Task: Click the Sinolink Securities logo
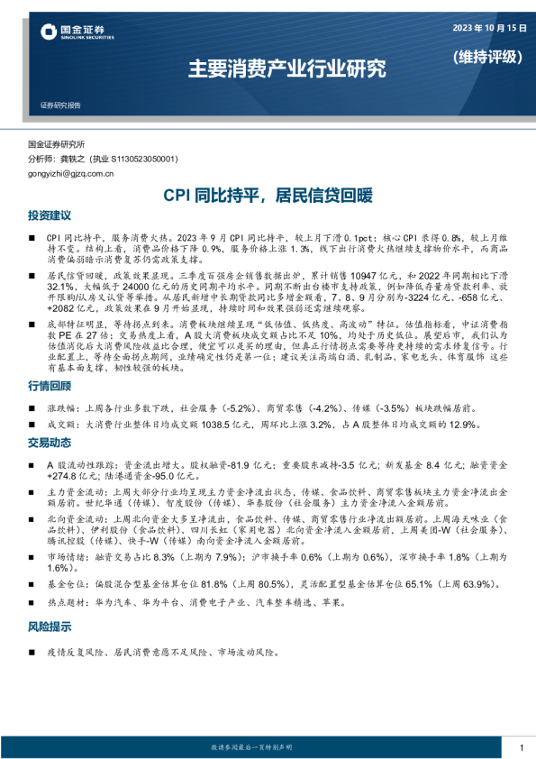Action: coord(77,33)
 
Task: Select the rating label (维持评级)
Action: coord(486,56)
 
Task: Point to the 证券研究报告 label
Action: coord(60,106)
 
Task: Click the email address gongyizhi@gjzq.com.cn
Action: coord(71,174)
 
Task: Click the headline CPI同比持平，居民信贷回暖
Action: coord(267,195)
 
